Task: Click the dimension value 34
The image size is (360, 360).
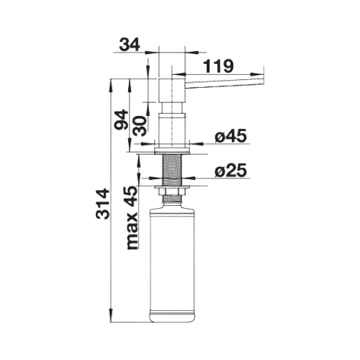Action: pyautogui.click(x=130, y=45)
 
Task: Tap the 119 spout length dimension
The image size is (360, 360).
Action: pyautogui.click(x=218, y=66)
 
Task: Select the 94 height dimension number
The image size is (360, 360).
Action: pyautogui.click(x=121, y=120)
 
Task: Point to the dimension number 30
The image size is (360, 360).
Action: pyautogui.click(x=140, y=126)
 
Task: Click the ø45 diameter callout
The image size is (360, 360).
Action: pyautogui.click(x=230, y=136)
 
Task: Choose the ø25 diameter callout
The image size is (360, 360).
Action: pyautogui.click(x=230, y=171)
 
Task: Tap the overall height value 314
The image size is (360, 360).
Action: pyautogui.click(x=103, y=204)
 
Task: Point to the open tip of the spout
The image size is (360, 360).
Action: pyautogui.click(x=262, y=81)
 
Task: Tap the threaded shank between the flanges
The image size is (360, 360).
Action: pyautogui.click(x=172, y=170)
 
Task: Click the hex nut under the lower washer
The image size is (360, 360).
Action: pyautogui.click(x=172, y=192)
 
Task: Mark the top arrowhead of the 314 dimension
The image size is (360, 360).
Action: pyautogui.click(x=111, y=86)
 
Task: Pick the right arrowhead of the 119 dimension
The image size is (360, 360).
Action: pyautogui.click(x=257, y=74)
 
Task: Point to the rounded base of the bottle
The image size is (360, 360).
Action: pyautogui.click(x=171, y=317)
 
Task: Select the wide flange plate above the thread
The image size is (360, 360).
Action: pyautogui.click(x=172, y=151)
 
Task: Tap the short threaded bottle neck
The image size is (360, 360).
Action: pyautogui.click(x=172, y=199)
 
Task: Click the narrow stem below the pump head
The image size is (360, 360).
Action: pyautogui.click(x=172, y=108)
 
